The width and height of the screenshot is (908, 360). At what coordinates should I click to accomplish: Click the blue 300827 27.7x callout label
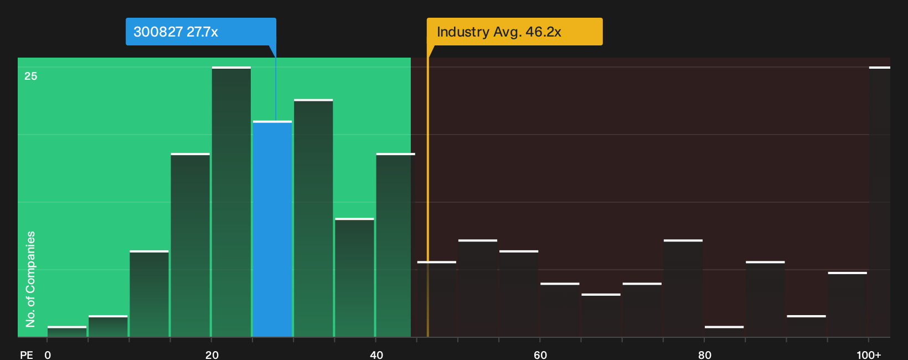(x=201, y=32)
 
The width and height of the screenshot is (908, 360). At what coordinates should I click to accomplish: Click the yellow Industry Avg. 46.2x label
(x=515, y=32)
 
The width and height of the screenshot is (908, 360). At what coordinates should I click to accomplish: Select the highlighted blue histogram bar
(x=272, y=229)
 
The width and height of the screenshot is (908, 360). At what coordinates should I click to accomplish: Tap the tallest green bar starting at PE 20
(x=231, y=202)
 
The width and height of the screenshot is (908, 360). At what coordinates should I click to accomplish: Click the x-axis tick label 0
(x=48, y=355)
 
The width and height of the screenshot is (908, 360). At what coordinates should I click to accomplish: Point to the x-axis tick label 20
(x=212, y=355)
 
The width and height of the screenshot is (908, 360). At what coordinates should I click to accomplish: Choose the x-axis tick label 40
(x=376, y=355)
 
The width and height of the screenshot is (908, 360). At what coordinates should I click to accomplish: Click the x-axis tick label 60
(x=540, y=355)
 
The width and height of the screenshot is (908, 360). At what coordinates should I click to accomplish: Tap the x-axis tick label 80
(x=705, y=355)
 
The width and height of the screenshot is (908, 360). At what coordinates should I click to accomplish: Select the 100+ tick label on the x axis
(x=869, y=355)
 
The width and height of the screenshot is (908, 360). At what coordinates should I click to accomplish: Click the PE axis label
(x=27, y=355)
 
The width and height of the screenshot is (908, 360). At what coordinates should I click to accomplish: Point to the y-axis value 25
(x=31, y=76)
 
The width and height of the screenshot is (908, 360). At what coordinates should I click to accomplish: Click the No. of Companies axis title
(x=30, y=279)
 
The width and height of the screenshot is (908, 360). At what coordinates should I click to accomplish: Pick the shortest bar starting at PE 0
(x=67, y=332)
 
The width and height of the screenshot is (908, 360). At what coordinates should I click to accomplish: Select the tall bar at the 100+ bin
(x=880, y=202)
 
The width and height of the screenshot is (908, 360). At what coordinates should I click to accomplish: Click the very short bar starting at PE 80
(x=724, y=332)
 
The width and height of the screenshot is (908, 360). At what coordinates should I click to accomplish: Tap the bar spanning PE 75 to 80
(x=683, y=288)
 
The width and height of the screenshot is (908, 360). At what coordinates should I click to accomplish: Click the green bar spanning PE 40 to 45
(x=396, y=245)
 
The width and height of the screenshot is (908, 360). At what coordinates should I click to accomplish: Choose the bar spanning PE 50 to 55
(x=478, y=288)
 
